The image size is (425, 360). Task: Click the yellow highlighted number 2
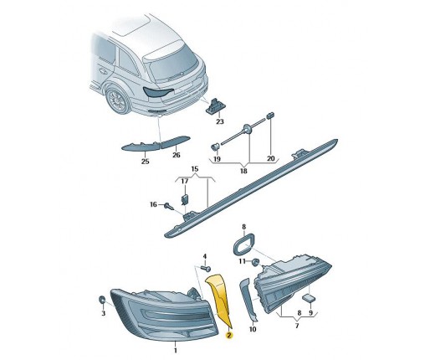pyautogui.click(x=229, y=336)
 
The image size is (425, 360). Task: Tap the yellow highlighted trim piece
pyautogui.click(x=220, y=299)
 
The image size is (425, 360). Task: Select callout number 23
pyautogui.click(x=220, y=121)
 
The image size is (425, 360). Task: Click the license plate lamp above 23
pyautogui.click(x=215, y=106)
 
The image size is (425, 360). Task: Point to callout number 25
pyautogui.click(x=146, y=162)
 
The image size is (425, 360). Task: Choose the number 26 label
pyautogui.click(x=177, y=155)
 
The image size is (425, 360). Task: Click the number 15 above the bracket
pyautogui.click(x=195, y=169)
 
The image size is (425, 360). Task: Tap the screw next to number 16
pyautogui.click(x=169, y=207)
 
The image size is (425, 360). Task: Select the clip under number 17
pyautogui.click(x=185, y=200)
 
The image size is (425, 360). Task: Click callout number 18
pyautogui.click(x=243, y=171)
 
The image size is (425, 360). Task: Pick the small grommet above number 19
pyautogui.click(x=215, y=147)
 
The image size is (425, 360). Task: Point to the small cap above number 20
pyautogui.click(x=270, y=115)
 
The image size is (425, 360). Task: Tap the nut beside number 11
pyautogui.click(x=255, y=262)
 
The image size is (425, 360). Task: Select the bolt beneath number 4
pyautogui.click(x=207, y=269)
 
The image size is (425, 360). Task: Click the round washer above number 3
pyautogui.click(x=102, y=300)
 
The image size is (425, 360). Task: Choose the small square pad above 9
pyautogui.click(x=309, y=298)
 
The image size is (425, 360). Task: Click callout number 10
pyautogui.click(x=253, y=329)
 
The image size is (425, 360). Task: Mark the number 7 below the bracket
pyautogui.click(x=297, y=326)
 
